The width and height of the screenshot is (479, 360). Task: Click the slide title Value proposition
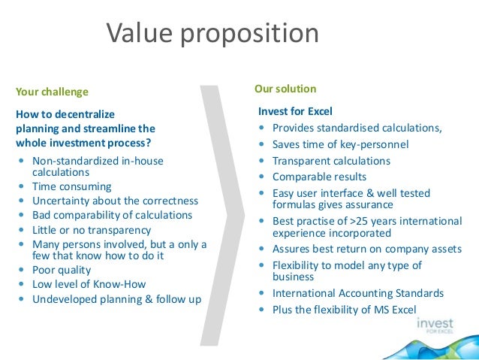coord(212,33)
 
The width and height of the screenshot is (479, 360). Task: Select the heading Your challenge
coord(52,92)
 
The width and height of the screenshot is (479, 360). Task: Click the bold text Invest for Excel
coord(295,111)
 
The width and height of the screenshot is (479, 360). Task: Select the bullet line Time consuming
coord(71,186)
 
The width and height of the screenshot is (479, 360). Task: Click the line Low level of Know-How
coord(89,284)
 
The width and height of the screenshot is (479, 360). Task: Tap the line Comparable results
coord(319,177)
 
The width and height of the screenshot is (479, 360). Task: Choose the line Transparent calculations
coord(331,161)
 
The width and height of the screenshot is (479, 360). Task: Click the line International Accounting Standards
coord(358,293)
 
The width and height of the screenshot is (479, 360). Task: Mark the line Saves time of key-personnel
coord(340,144)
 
